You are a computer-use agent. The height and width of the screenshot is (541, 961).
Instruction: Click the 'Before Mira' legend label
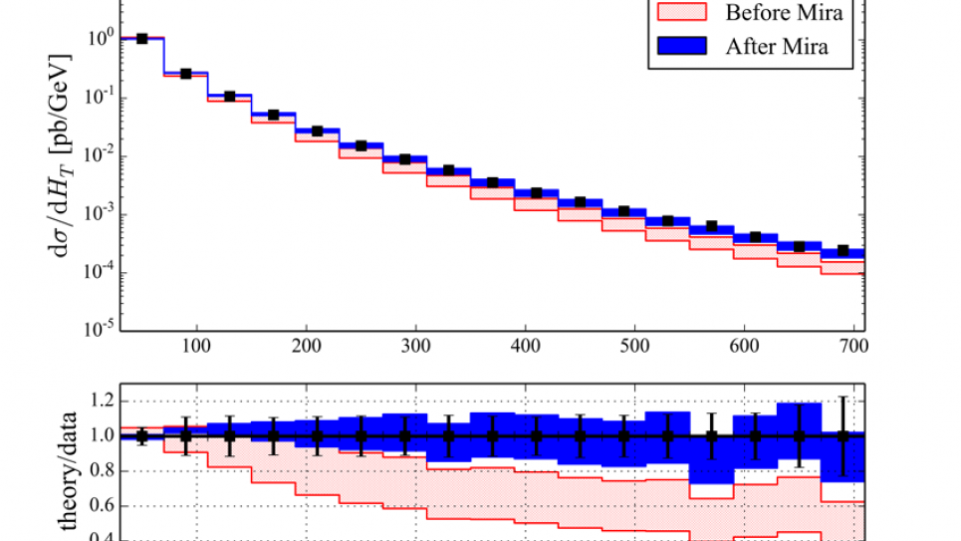click(784, 13)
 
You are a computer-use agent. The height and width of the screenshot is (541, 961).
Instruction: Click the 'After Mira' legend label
click(777, 46)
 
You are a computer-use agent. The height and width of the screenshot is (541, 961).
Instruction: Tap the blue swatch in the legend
click(682, 46)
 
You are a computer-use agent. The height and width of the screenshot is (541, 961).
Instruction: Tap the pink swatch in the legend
click(682, 13)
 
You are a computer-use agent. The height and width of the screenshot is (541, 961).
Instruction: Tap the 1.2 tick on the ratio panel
click(105, 401)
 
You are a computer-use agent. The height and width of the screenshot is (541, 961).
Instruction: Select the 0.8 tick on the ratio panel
click(105, 471)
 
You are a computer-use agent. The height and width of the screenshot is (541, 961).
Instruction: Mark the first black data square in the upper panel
click(142, 39)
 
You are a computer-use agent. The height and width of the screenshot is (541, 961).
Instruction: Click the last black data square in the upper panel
click(842, 250)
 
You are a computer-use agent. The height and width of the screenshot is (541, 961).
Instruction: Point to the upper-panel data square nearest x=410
click(537, 192)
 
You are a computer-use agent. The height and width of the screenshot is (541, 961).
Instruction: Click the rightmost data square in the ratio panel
click(842, 436)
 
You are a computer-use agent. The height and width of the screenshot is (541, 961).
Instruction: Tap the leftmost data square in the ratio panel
click(142, 436)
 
